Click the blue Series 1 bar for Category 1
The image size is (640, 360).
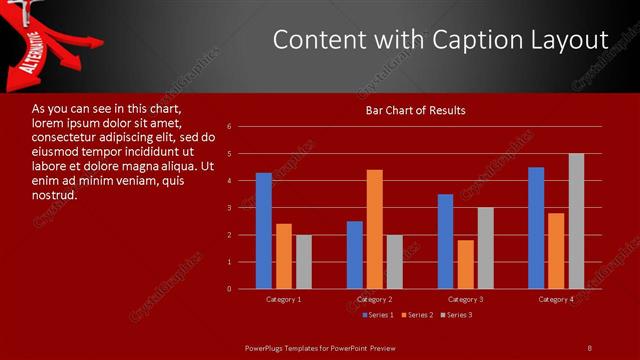[x=264, y=231]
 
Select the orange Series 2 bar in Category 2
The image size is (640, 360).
[x=375, y=229]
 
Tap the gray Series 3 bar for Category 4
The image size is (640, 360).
[x=576, y=221]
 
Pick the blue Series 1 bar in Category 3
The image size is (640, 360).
[x=445, y=241]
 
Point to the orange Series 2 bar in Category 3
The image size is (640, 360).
[x=465, y=264]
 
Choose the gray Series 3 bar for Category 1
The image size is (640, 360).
[x=304, y=262]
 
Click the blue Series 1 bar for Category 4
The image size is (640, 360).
[x=536, y=228]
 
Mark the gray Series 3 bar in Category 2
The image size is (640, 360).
[x=395, y=262]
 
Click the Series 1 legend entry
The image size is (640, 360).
[x=378, y=315]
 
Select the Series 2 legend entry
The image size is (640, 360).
[x=419, y=315]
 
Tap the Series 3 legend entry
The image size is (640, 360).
[x=459, y=315]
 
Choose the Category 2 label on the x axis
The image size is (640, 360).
[x=374, y=299]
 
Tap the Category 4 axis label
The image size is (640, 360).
[x=556, y=299]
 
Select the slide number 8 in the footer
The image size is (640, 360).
[x=589, y=347]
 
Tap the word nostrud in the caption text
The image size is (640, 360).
[x=54, y=195]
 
